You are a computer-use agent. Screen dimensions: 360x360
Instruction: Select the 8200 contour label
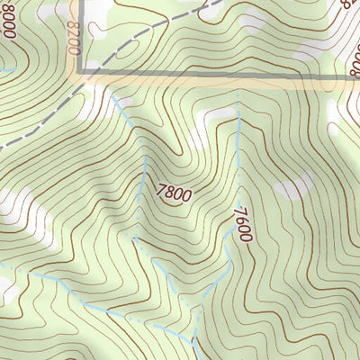(x=73, y=40)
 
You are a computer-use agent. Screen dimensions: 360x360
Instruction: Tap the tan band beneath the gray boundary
(x=225, y=85)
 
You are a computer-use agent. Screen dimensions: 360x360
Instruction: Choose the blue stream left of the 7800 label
(x=145, y=180)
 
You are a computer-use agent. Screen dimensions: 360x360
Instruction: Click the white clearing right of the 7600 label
(x=292, y=188)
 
